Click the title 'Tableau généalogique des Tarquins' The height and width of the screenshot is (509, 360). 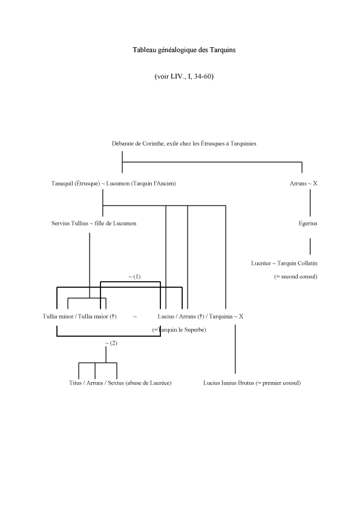point(184,50)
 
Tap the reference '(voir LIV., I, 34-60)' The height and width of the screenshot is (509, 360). point(184,77)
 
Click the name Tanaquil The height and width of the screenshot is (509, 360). point(62,183)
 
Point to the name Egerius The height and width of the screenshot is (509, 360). point(308,223)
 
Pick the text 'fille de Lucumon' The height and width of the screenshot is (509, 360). point(116,223)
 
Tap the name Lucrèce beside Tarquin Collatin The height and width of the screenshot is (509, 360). point(261,263)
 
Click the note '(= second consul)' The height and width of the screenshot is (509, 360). point(296,277)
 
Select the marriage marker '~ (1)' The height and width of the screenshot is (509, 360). point(134,277)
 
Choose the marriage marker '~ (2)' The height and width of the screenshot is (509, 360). point(111,343)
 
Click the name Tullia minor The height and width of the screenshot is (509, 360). point(58,317)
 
